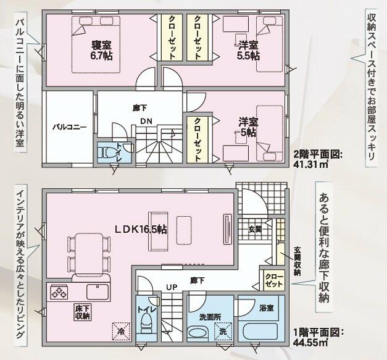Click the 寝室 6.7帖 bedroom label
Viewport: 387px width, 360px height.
pyautogui.click(x=99, y=51)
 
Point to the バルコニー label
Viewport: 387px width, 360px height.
pyautogui.click(x=69, y=127)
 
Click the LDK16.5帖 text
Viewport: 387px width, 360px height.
pyautogui.click(x=140, y=228)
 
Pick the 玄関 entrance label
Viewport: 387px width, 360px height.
pyautogui.click(x=255, y=229)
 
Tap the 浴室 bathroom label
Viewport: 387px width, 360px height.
pyautogui.click(x=266, y=307)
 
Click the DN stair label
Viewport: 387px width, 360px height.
pyautogui.click(x=146, y=120)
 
